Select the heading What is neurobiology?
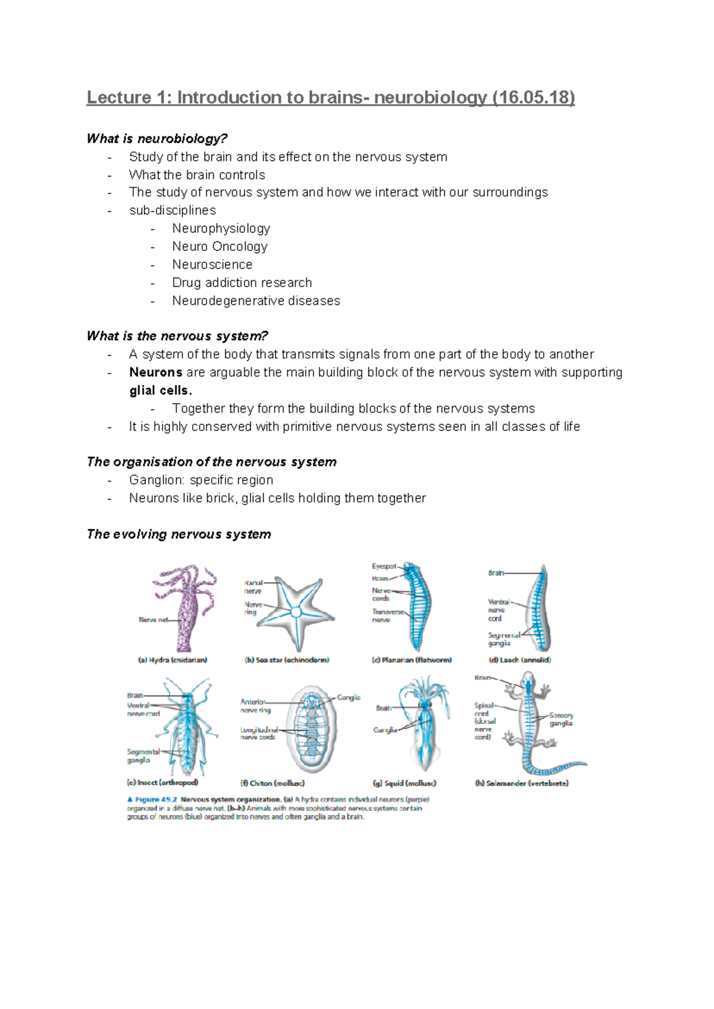click(x=157, y=139)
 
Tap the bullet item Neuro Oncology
click(x=220, y=246)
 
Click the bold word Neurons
click(x=155, y=372)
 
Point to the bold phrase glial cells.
click(x=160, y=391)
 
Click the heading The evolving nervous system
click(x=178, y=534)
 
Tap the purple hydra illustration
click(x=185, y=606)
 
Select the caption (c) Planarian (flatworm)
click(x=411, y=660)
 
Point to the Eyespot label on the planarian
click(x=384, y=566)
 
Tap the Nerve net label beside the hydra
click(x=153, y=620)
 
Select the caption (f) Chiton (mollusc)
click(x=273, y=783)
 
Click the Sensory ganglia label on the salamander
click(x=561, y=719)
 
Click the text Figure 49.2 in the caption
click(x=156, y=800)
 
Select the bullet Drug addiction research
click(x=242, y=282)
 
